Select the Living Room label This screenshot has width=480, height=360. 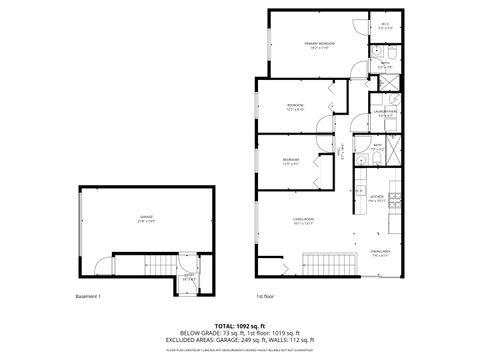tap(304, 224)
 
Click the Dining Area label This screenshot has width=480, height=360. tap(380, 252)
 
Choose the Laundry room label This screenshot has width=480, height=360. tap(384, 113)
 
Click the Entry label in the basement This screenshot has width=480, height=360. tap(188, 276)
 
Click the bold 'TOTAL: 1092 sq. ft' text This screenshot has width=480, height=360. tap(239, 327)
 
